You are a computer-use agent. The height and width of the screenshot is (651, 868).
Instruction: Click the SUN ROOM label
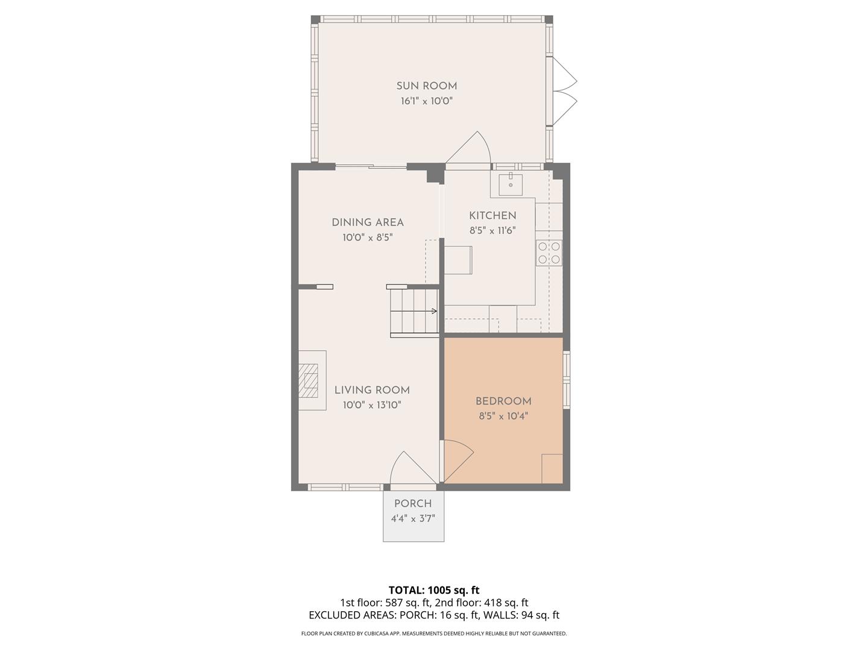coord(426,86)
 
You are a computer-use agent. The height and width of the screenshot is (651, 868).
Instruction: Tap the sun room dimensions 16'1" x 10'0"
coord(426,101)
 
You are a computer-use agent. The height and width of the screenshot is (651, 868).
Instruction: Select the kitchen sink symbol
coord(511,183)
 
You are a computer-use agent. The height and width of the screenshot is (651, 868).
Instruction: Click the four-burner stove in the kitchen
coord(549,253)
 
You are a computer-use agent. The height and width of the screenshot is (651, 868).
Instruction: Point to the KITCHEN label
coord(492,216)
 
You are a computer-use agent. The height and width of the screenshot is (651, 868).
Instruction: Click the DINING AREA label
coord(368,222)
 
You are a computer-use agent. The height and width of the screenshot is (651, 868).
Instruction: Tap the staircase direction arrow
coord(433,311)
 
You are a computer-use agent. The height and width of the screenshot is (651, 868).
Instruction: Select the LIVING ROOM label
coord(372,390)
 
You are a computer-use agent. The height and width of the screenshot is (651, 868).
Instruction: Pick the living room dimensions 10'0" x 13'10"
coord(372,405)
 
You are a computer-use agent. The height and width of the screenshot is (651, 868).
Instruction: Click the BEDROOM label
coord(503,401)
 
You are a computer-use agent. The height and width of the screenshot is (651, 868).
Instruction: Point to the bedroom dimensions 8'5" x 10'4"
coord(503,416)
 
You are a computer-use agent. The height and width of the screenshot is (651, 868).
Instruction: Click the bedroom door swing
coord(457,458)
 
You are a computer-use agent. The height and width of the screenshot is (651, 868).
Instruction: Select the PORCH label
coord(413,504)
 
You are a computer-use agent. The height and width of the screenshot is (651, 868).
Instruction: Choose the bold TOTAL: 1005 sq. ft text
coord(433,590)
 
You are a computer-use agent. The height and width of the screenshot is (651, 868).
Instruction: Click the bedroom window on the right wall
coord(566,380)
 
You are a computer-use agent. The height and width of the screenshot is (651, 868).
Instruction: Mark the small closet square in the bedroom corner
coord(552,468)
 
